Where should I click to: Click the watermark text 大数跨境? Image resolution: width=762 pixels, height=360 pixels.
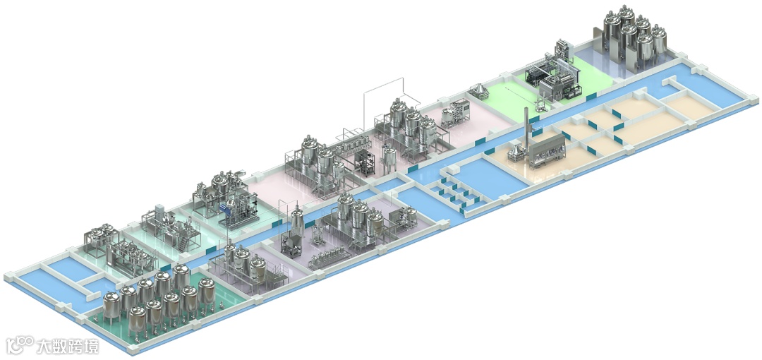[x=68, y=346]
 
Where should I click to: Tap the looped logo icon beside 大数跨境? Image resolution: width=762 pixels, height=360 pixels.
[x=20, y=344]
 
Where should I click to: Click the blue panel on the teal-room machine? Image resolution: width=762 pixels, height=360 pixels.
[x=224, y=209]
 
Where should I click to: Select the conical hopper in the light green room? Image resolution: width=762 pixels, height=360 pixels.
[x=478, y=92]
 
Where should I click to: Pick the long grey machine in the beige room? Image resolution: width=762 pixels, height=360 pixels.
[x=548, y=150]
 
